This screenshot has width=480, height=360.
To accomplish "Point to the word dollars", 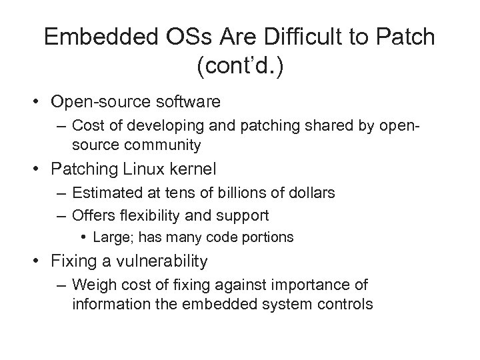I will click(x=310, y=193).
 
